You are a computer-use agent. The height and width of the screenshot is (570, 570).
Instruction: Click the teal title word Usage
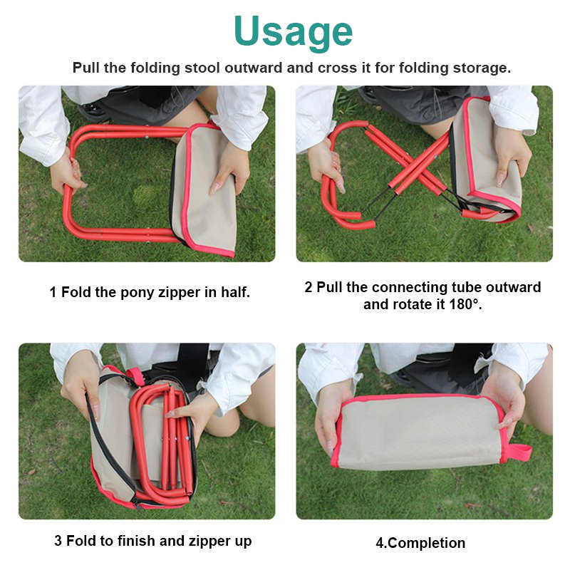click(x=293, y=31)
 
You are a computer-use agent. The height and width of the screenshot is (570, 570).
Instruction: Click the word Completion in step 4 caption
click(x=425, y=543)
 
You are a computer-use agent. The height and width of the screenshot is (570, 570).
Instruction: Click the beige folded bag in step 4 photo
click(x=420, y=432)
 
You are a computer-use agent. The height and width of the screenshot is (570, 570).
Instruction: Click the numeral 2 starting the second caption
click(x=309, y=288)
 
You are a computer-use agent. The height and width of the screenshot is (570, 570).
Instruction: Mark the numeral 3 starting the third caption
click(x=58, y=541)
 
